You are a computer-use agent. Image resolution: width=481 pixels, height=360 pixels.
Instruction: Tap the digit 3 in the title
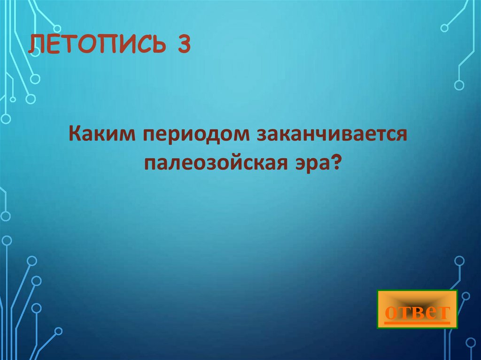[183, 46]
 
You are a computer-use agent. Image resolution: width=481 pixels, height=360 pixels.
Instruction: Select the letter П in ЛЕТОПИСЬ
[109, 46]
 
